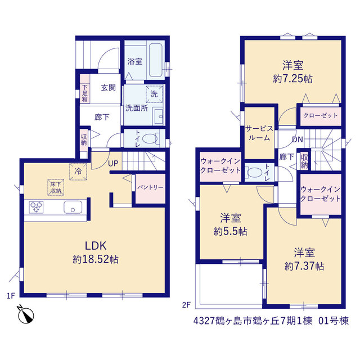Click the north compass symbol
tap(26, 314)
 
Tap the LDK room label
tap(96, 246)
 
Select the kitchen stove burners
tap(36, 207)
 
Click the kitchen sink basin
tap(73, 207)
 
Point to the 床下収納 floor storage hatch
tap(56, 187)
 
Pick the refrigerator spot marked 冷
tap(78, 172)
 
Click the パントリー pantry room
tap(150, 188)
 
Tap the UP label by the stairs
tap(113, 164)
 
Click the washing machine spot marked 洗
tap(154, 94)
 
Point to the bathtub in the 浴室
tap(156, 60)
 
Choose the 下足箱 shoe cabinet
tap(85, 89)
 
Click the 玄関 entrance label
tap(109, 88)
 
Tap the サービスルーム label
tap(259, 133)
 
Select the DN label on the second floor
tap(298, 139)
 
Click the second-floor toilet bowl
tap(254, 173)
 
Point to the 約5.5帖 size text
tap(231, 231)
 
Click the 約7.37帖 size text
tap(304, 266)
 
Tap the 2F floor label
tap(186, 305)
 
